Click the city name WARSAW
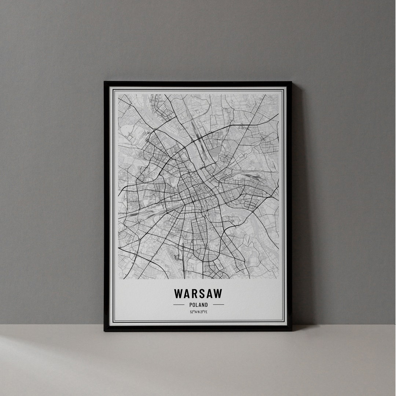tap(198, 294)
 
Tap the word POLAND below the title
tap(199, 305)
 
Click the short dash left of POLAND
tap(179, 305)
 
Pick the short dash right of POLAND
tap(218, 305)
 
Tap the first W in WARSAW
tap(179, 294)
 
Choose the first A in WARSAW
tap(187, 294)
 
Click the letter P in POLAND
tap(191, 305)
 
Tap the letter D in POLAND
tap(206, 305)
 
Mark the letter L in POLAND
tap(197, 305)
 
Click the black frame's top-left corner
tap(105, 82)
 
